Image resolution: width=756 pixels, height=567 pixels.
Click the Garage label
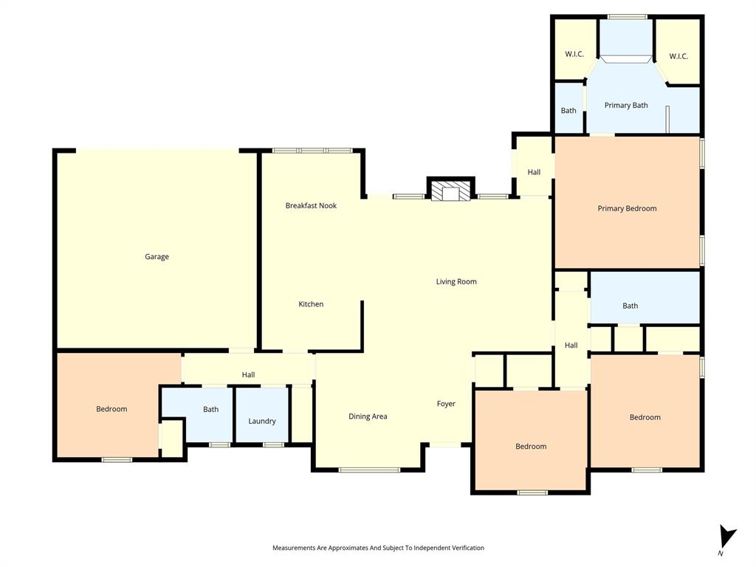157,257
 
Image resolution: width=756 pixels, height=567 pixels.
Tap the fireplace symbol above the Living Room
450,192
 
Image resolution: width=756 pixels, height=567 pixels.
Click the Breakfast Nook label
311,206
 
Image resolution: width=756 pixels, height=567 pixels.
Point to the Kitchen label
311,304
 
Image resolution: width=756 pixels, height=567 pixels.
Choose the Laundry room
261,421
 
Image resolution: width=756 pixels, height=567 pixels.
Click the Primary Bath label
626,106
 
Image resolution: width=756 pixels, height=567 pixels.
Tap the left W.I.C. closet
574,54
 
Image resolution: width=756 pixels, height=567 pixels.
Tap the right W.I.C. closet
678,56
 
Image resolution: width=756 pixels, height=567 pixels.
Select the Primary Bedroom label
627,209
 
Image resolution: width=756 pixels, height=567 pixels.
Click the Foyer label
446,404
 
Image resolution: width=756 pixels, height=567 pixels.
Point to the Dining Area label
368,416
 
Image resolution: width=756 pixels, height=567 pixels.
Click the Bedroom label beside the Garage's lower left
111,409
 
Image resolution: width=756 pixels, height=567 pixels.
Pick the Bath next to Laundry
210,409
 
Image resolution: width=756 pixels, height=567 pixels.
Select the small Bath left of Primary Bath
568,111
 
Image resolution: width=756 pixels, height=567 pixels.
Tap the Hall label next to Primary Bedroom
534,172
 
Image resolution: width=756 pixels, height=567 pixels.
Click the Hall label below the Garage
248,375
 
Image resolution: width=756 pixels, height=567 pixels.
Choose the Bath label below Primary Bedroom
630,306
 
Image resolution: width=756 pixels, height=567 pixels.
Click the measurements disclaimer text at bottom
378,548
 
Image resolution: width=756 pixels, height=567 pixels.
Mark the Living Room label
456,281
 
